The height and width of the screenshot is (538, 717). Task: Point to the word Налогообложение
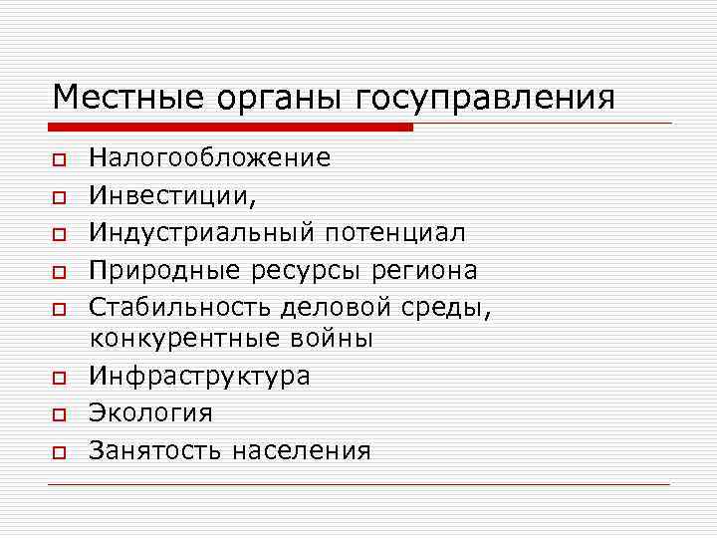pos(209,157)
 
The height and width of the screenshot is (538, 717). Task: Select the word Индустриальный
pos(202,233)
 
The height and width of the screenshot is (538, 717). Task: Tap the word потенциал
pos(394,233)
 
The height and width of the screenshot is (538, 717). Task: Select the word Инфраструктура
pos(199,377)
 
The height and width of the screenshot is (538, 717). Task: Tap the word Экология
pos(150,413)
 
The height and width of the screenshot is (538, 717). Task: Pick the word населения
pos(301,451)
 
